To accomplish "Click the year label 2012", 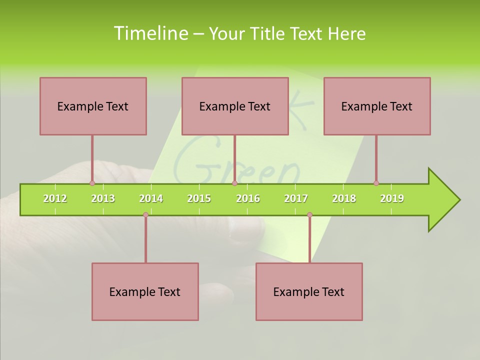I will pyautogui.click(x=55, y=198).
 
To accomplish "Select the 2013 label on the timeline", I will pyautogui.click(x=103, y=198).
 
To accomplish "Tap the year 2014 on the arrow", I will pyautogui.click(x=151, y=198).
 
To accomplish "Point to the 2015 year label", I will pyautogui.click(x=199, y=198).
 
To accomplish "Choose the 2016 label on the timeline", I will pyautogui.click(x=248, y=198).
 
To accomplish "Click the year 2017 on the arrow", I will pyautogui.click(x=296, y=198).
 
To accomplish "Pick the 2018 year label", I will pyautogui.click(x=344, y=198).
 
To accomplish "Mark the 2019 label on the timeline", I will pyautogui.click(x=392, y=198).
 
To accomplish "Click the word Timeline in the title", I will pyautogui.click(x=150, y=33).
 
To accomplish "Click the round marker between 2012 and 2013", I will pyautogui.click(x=92, y=183).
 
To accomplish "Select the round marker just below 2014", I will pyautogui.click(x=145, y=214).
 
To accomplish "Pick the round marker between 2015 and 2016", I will pyautogui.click(x=234, y=183).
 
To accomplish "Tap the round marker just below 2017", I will pyautogui.click(x=309, y=214).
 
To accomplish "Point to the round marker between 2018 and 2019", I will pyautogui.click(x=376, y=183).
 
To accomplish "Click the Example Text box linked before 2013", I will pyautogui.click(x=93, y=106).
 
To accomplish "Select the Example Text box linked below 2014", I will pyautogui.click(x=145, y=291).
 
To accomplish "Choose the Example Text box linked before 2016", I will pyautogui.click(x=235, y=106).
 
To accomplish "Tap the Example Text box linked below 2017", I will pyautogui.click(x=309, y=291).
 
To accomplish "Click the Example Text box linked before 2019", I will pyautogui.click(x=377, y=106).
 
